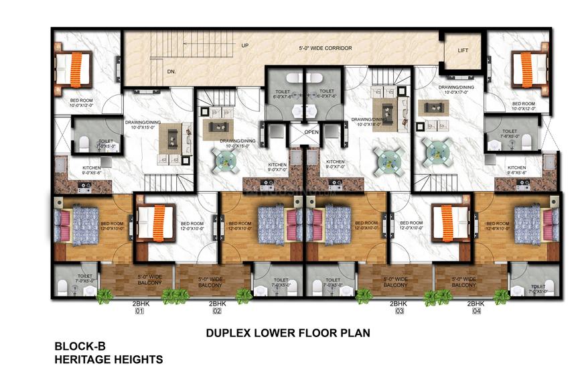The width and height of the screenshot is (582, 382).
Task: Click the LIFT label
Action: (x=463, y=50)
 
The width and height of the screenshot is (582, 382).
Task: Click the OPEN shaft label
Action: (x=311, y=132)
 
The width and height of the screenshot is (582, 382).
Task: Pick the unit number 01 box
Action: (x=139, y=312)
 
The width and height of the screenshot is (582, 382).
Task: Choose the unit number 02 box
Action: (x=217, y=312)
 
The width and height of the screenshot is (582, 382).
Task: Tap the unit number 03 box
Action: (x=400, y=312)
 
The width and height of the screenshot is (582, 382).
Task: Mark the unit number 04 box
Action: (x=476, y=312)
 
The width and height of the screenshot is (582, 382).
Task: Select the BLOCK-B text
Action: (x=80, y=346)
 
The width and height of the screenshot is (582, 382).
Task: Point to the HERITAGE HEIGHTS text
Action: (x=109, y=360)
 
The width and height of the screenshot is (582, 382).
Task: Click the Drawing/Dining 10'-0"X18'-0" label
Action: (x=366, y=121)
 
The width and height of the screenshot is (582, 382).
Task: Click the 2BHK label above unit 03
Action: (x=400, y=304)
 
